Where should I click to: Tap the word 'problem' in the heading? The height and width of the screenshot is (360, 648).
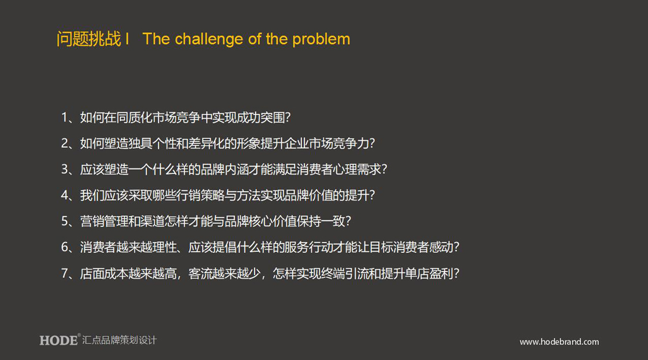coord(321,40)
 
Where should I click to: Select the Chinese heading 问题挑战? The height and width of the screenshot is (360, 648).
coord(89,39)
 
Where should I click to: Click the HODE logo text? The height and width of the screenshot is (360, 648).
coord(58,340)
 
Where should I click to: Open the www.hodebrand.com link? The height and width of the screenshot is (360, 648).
coord(559,342)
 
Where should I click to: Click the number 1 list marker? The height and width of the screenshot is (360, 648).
coord(64,117)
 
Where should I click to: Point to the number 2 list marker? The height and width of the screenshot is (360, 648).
coord(65,144)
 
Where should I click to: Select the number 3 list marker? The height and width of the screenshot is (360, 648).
coord(65,169)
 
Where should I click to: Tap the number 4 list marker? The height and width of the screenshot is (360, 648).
coord(65,195)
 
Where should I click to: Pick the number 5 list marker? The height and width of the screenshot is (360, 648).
coord(65,221)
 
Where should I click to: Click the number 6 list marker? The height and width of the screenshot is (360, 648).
coord(65,247)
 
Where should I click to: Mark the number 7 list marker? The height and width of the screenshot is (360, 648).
coord(65,273)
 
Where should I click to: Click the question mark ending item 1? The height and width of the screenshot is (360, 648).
coord(288,117)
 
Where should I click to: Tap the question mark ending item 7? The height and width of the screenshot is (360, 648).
coord(456,273)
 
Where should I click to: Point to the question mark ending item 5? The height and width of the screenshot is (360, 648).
coord(348,221)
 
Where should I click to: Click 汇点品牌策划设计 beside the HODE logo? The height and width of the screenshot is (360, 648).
coord(119,340)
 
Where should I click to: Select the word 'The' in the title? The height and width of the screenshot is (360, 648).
coord(156,39)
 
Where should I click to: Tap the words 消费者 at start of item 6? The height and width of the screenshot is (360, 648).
coord(98,247)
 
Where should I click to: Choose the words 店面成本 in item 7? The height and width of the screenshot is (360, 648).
coord(104,273)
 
